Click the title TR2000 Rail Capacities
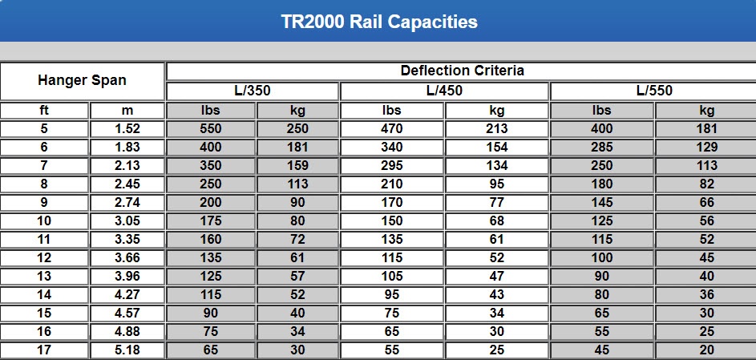coord(379,22)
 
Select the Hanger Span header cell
coord(82,81)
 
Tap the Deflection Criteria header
coord(462,71)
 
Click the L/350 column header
coord(253,91)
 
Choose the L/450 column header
coord(444,91)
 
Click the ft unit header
coord(44,111)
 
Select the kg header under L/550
coord(706,111)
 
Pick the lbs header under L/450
coord(392,111)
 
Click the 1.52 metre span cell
coord(127,129)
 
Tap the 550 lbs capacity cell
coord(211,129)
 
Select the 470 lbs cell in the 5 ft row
coord(392,129)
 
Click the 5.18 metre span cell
coord(127,350)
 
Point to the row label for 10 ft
coord(44,221)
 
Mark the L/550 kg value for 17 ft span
coord(706,350)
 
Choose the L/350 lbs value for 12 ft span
coord(211,258)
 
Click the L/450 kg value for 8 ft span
coord(497,184)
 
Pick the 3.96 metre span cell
coord(127,277)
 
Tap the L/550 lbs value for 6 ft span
coord(601,148)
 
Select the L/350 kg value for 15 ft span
coord(297,313)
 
